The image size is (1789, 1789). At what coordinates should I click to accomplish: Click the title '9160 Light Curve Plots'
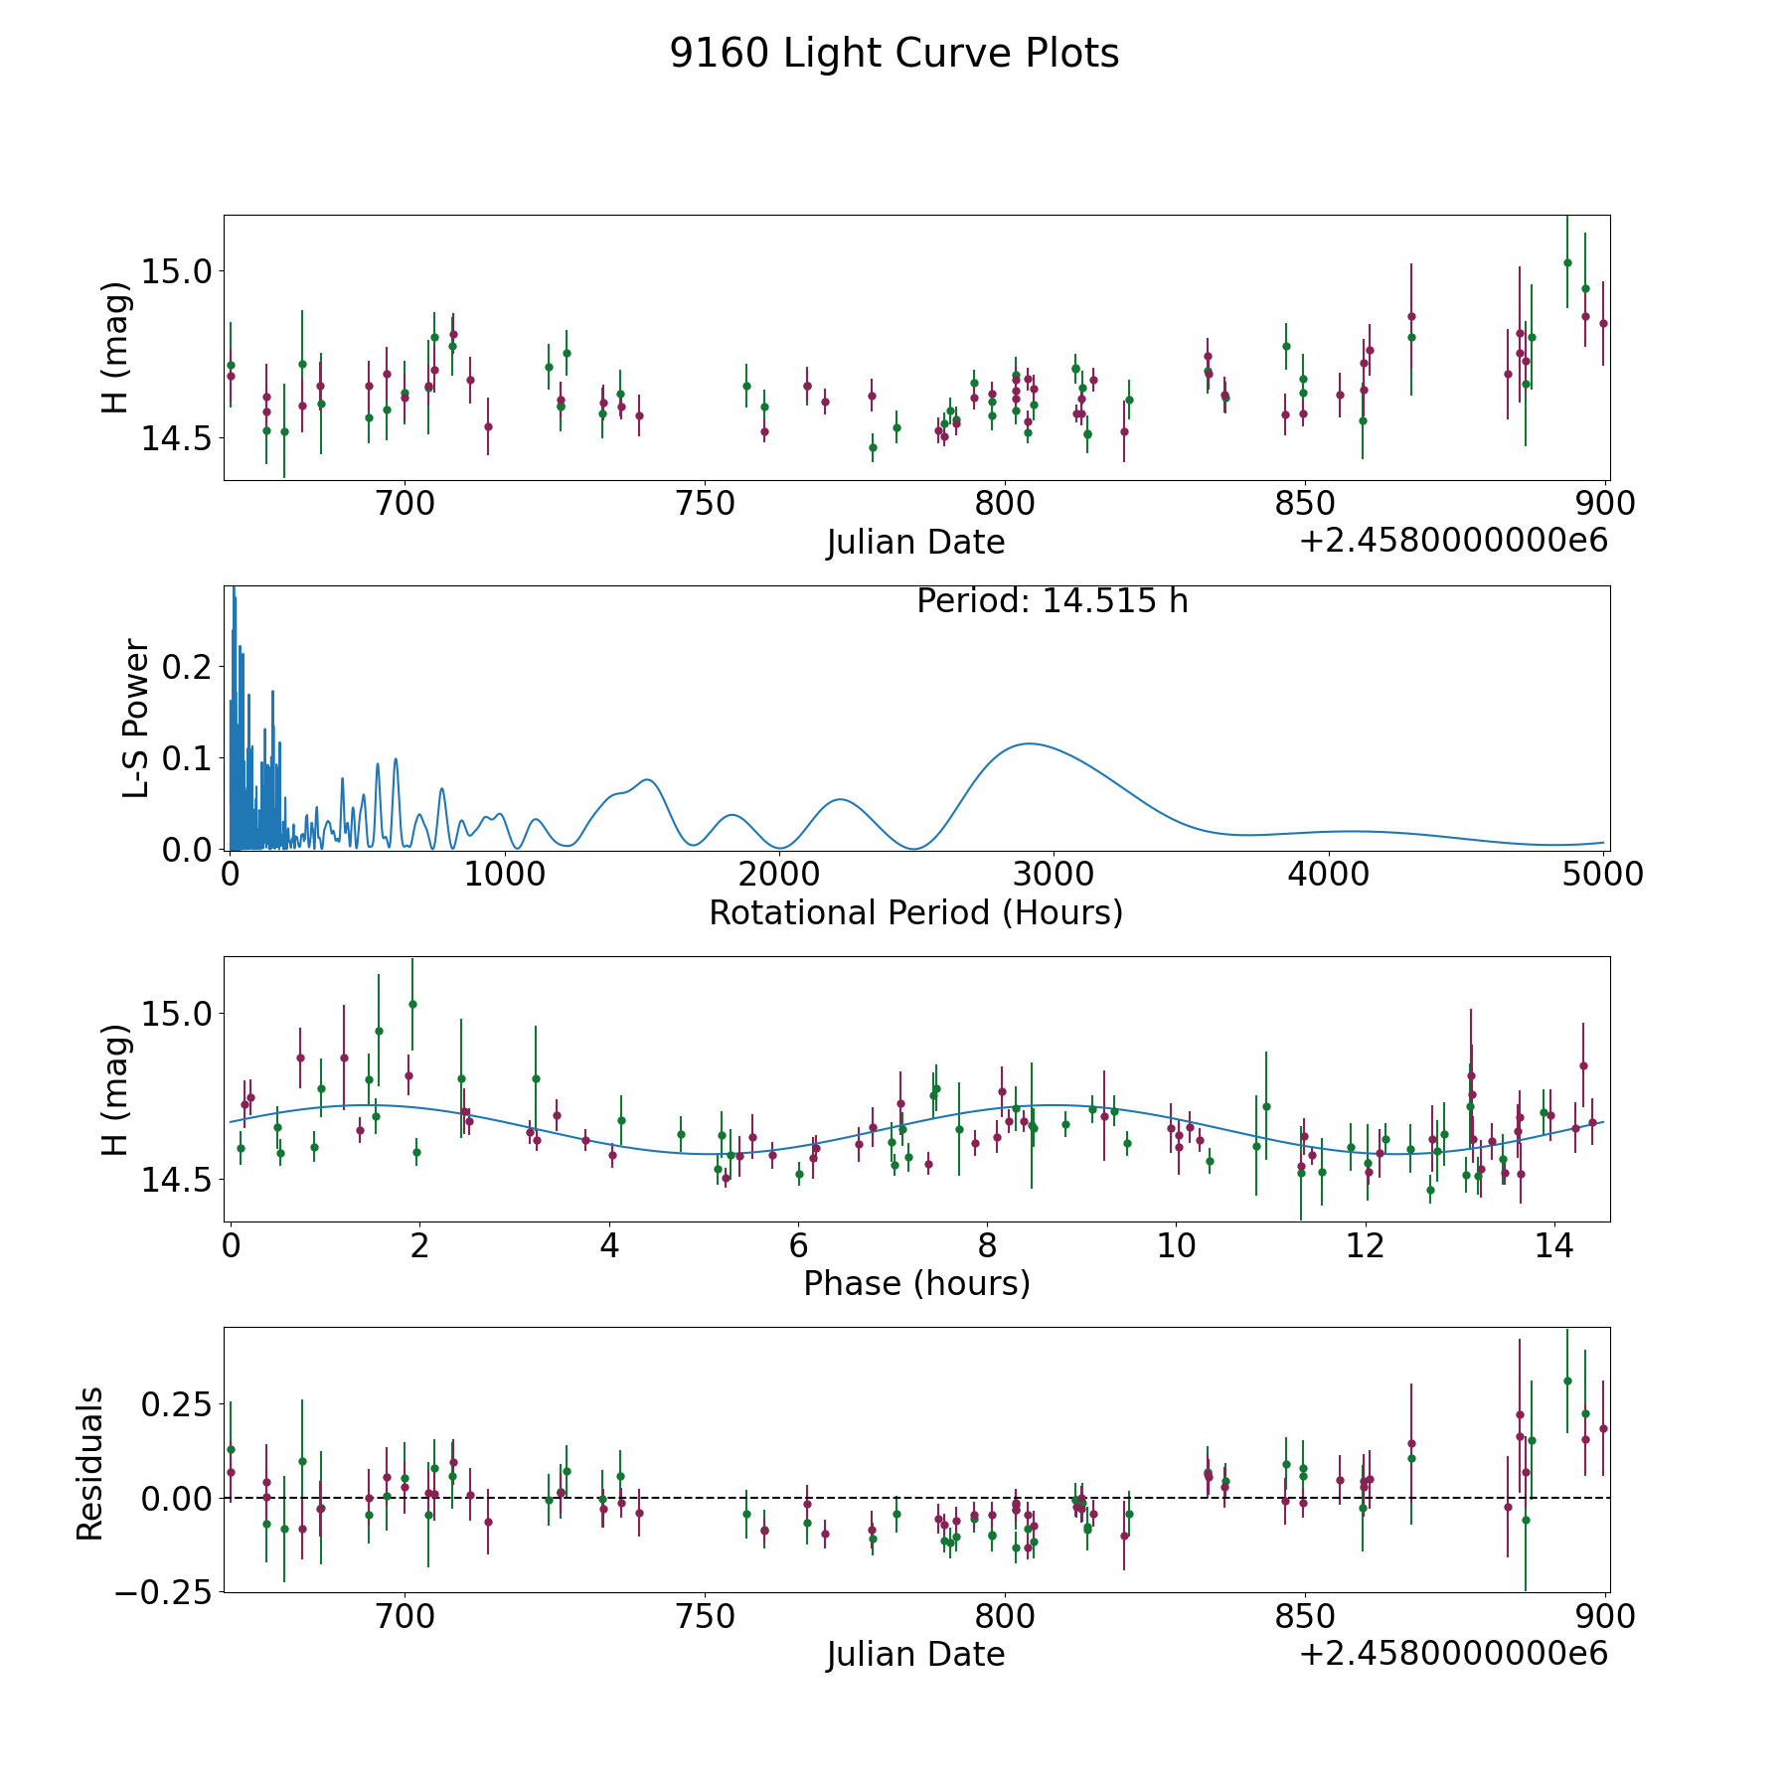click(894, 54)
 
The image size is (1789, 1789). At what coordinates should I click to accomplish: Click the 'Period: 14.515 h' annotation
click(1052, 601)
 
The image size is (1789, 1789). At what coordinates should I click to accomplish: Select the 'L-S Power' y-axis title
click(137, 718)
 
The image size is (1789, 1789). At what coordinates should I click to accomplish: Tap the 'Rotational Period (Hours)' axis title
click(915, 912)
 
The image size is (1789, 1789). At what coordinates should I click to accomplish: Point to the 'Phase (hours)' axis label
click(916, 1283)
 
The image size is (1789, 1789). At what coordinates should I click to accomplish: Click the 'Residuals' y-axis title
click(90, 1463)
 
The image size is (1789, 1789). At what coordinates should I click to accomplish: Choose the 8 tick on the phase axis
click(987, 1245)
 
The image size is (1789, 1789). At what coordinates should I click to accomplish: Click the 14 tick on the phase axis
click(1553, 1245)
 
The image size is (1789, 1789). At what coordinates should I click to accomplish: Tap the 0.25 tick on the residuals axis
click(176, 1404)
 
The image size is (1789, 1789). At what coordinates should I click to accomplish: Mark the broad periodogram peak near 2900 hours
click(1028, 743)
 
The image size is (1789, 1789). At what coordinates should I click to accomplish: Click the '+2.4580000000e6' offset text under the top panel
click(1453, 541)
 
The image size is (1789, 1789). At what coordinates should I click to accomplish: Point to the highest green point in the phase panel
click(412, 1004)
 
